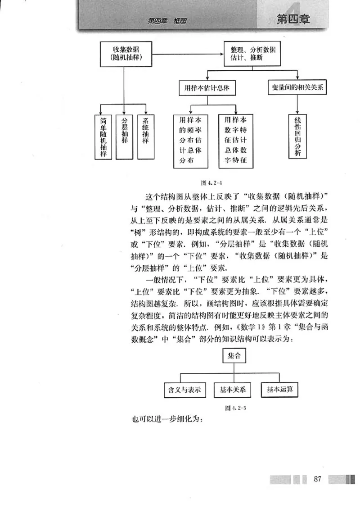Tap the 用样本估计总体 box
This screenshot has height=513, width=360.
tap(204, 88)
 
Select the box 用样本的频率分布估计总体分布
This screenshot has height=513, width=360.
tap(190, 141)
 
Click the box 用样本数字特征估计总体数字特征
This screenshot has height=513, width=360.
tap(236, 141)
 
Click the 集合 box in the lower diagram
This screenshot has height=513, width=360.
tap(234, 356)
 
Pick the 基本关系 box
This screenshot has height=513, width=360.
tap(233, 389)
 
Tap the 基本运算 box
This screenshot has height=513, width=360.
tap(280, 389)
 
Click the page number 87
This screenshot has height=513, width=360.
tap(317, 479)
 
